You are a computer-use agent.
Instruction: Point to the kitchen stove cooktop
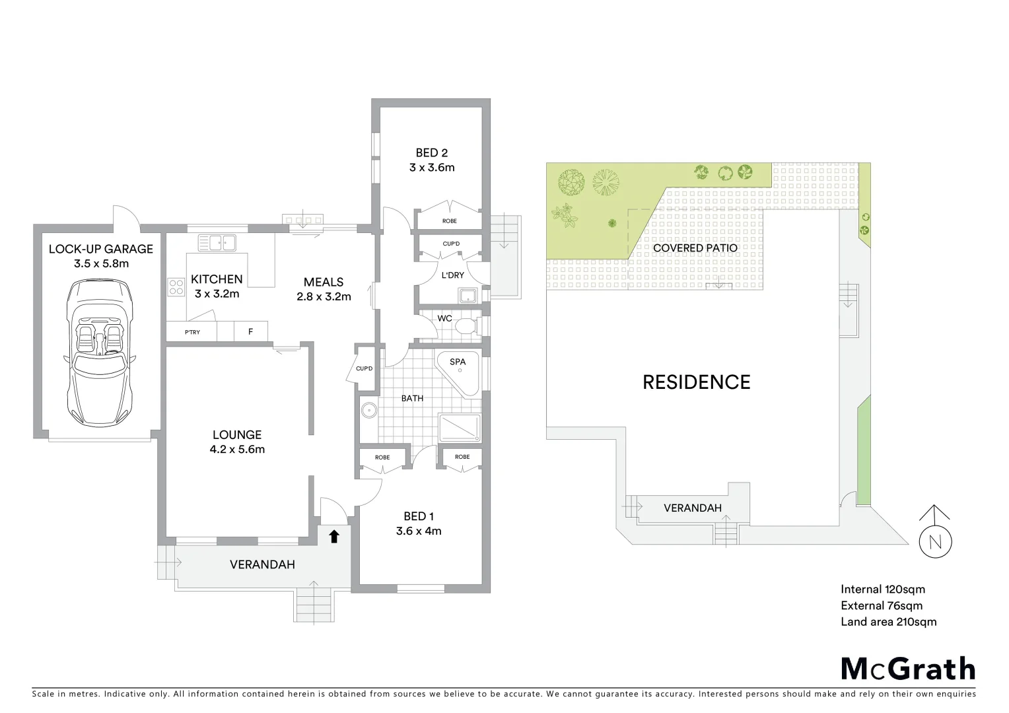[x=176, y=287]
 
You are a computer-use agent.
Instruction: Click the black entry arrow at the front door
[x=334, y=536]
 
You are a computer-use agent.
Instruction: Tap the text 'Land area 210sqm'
[x=888, y=621]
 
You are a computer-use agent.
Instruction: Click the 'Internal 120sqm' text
[x=882, y=589]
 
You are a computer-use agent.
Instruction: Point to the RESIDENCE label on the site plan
[x=696, y=382]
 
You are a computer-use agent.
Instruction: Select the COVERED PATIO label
[x=695, y=248]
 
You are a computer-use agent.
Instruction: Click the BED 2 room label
[x=432, y=153]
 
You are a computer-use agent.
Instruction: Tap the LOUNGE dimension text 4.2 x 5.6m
[x=237, y=450]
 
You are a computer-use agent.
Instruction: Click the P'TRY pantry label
[x=192, y=332]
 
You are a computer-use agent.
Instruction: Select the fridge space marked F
[x=251, y=331]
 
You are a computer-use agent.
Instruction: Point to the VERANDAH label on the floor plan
[x=262, y=564]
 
